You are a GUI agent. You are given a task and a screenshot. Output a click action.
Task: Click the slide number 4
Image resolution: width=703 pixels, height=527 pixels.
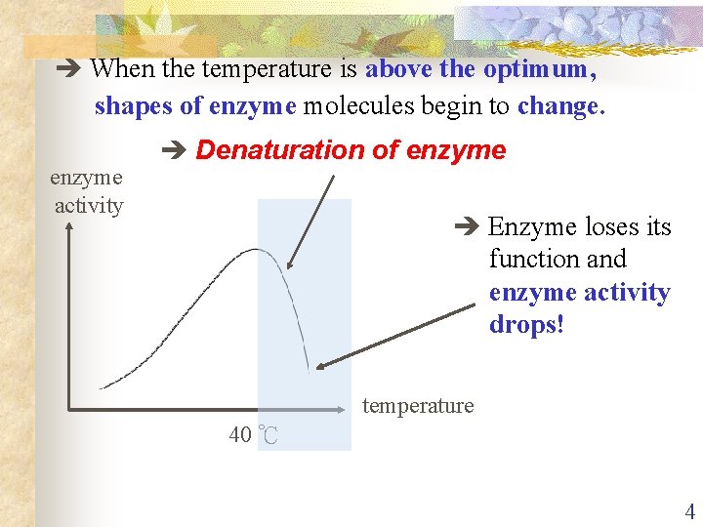[x=689, y=512]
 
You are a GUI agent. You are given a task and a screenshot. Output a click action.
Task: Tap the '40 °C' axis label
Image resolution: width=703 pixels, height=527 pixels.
[x=253, y=435]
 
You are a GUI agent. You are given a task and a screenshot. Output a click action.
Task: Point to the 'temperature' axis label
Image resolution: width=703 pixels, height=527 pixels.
[x=418, y=405]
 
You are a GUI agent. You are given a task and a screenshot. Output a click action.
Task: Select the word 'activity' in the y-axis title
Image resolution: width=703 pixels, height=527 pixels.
[x=89, y=205]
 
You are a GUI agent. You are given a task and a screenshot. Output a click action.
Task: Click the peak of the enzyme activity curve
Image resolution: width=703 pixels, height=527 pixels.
[x=256, y=250]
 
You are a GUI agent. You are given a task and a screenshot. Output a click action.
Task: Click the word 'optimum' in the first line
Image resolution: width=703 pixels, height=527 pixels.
[x=539, y=69]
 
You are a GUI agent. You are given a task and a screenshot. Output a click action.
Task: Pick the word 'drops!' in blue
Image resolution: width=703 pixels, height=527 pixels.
[x=526, y=325]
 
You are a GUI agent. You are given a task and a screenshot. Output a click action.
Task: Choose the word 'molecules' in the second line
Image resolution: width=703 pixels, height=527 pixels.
[x=354, y=105]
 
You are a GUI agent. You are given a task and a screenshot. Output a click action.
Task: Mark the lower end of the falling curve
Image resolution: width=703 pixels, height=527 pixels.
[x=308, y=370]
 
